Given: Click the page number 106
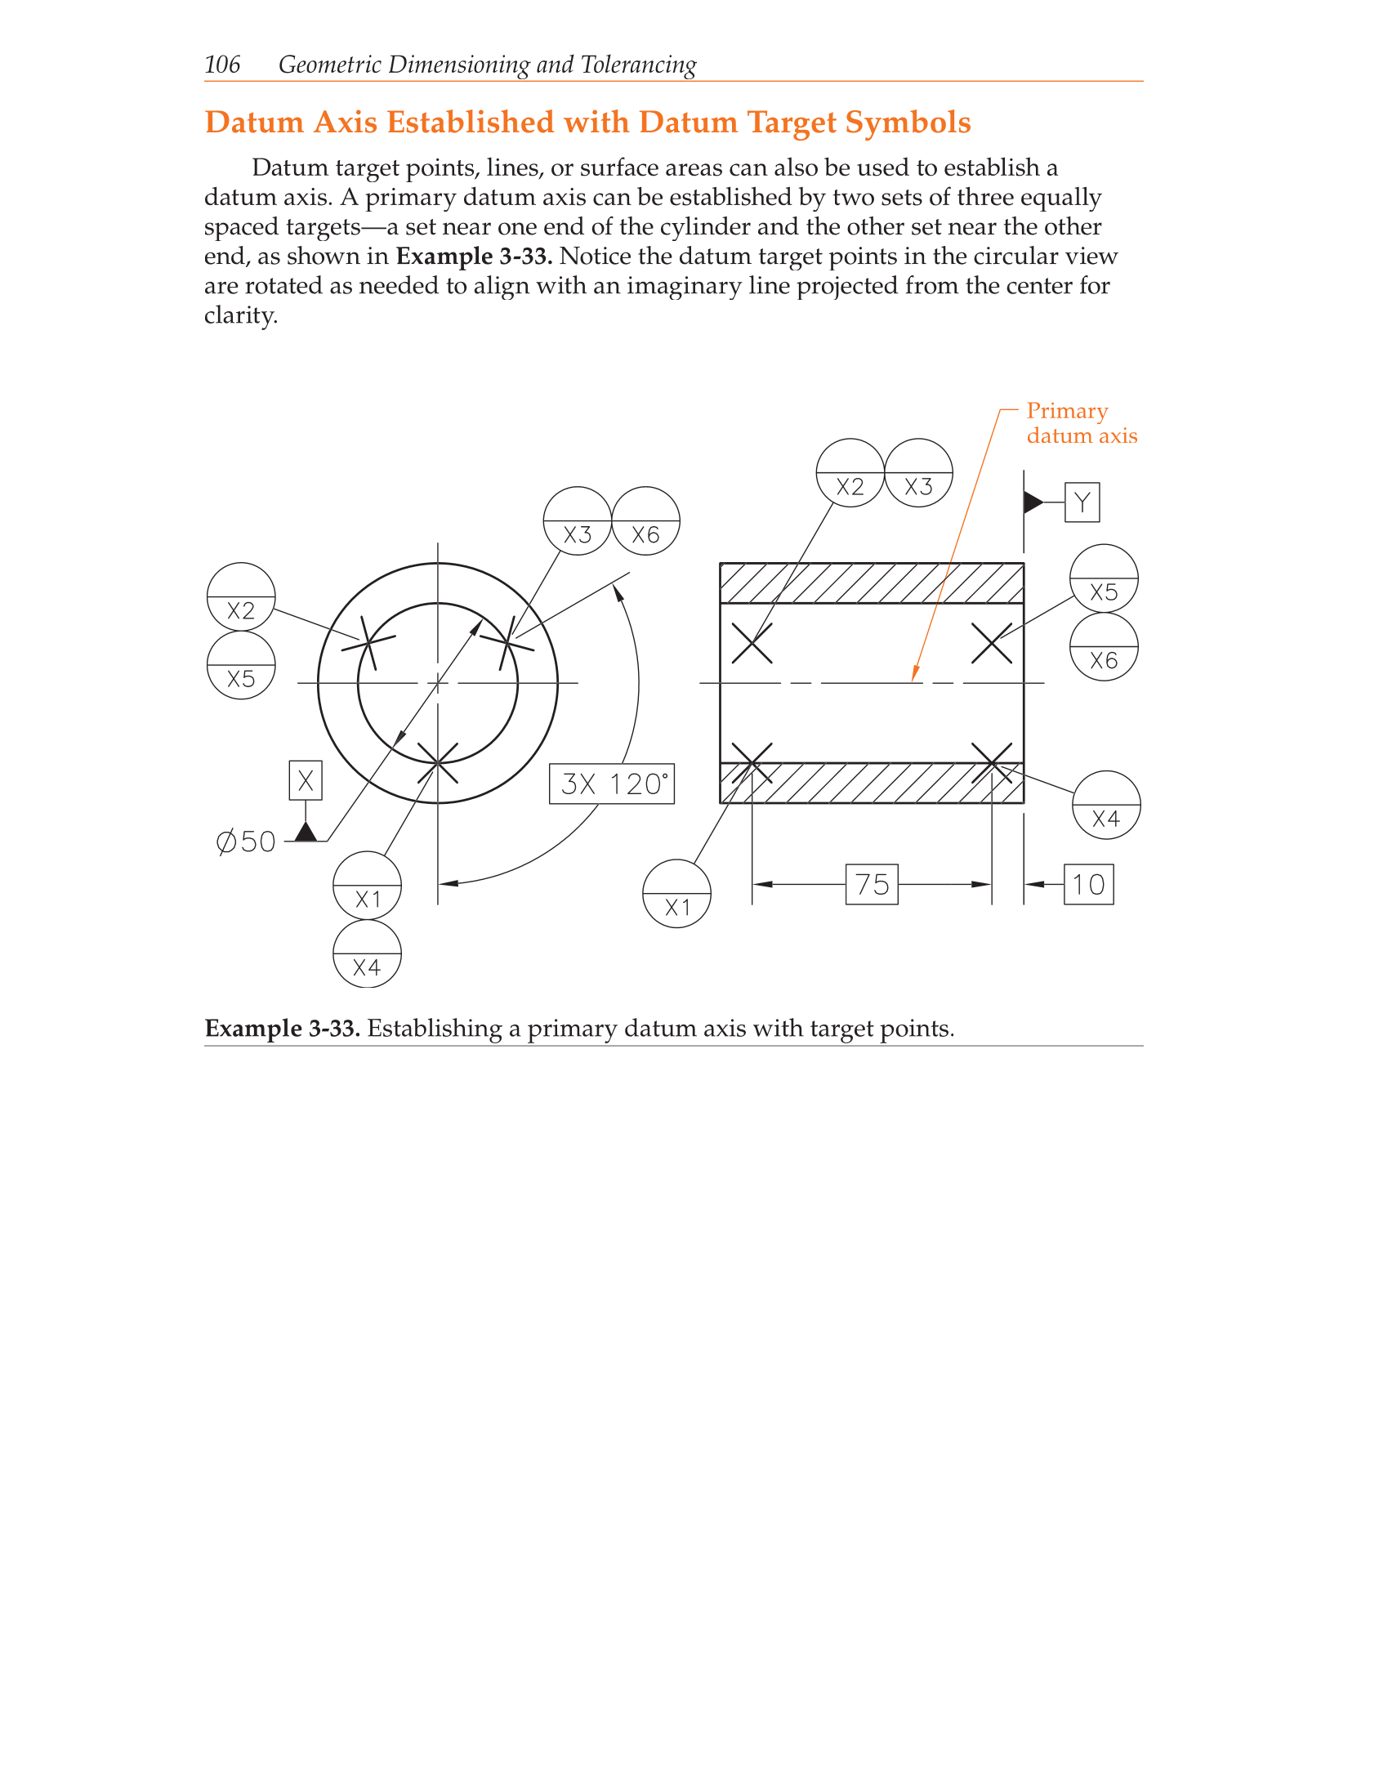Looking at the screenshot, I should point(222,65).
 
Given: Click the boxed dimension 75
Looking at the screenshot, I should point(872,884).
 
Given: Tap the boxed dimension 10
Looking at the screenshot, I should point(1088,884).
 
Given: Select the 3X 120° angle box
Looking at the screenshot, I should point(612,784).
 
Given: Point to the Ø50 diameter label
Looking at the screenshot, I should point(246,842).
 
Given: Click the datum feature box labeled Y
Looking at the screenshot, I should point(1082,502).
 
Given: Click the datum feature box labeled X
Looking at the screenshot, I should point(306,780).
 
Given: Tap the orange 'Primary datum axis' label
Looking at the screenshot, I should point(1080,423).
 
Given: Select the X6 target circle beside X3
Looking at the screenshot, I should point(645,521).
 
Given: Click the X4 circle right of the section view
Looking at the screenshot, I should point(1106,805).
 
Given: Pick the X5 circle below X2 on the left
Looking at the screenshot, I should point(241,665).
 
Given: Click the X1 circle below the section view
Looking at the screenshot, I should point(676,894).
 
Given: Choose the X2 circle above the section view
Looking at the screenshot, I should point(850,473).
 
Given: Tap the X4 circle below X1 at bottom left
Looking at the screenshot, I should point(368,954).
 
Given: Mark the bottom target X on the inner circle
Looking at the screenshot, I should point(438,763).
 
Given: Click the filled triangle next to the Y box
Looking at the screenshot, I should point(1033,502).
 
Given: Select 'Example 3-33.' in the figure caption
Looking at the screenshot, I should point(282,1028).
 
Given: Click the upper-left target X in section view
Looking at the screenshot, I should point(752,643).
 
